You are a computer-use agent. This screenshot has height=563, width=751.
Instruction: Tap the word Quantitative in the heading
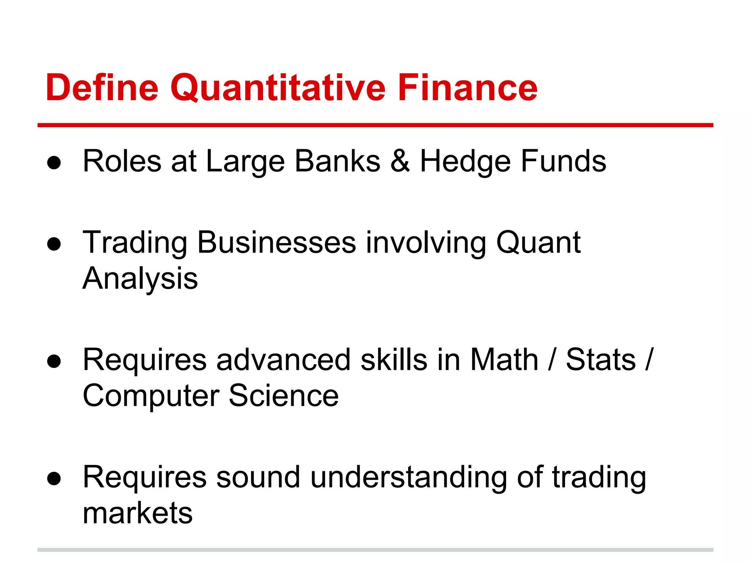[278, 88]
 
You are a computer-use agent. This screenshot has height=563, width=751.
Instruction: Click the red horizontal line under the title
[375, 125]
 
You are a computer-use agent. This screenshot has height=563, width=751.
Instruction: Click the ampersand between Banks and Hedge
[400, 161]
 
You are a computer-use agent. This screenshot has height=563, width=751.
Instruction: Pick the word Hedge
[465, 162]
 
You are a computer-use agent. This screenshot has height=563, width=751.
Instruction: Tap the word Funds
[564, 161]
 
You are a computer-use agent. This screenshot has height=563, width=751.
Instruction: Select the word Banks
[338, 161]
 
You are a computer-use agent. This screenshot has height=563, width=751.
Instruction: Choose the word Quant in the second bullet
[538, 243]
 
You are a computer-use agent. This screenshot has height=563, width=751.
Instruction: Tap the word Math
[504, 360]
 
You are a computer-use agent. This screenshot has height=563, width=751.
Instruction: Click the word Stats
[601, 360]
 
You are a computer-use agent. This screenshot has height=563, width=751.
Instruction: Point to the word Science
[284, 395]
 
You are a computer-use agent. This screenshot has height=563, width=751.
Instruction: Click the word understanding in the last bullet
[409, 477]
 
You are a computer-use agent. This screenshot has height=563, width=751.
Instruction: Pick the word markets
[138, 513]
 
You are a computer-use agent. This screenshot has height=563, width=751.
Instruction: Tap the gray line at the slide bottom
[375, 550]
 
